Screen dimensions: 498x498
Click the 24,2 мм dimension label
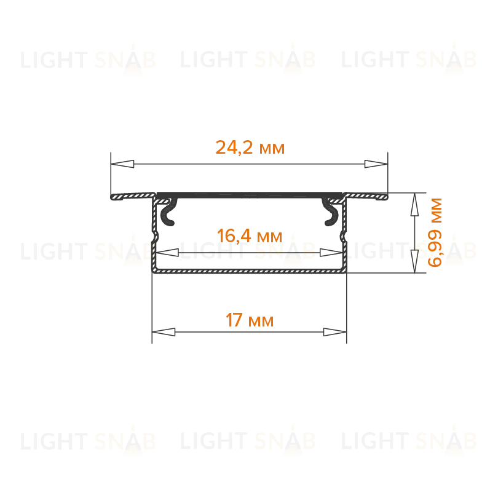[x=250, y=148]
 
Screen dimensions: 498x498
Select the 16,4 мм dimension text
[x=250, y=236]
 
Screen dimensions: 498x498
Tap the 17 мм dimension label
[x=250, y=320]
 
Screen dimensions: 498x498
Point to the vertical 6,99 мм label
[x=435, y=232]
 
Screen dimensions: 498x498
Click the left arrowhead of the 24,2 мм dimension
[x=122, y=164]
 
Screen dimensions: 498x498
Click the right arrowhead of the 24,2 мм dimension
[x=376, y=164]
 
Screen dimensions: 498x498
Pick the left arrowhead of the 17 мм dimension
[x=164, y=332]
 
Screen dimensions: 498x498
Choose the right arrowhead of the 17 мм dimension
[x=334, y=332]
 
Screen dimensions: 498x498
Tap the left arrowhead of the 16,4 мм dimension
[x=167, y=253]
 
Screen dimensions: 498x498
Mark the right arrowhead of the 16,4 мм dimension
[x=331, y=253]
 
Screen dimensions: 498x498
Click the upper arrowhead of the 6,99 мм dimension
[x=414, y=205]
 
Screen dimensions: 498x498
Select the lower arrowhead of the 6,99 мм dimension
[x=414, y=261]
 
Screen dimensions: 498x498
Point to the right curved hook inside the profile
[x=331, y=212]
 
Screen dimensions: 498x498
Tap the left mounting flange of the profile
[x=132, y=196]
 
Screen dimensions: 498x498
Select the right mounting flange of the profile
[x=366, y=196]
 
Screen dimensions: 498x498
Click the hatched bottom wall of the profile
[x=250, y=271]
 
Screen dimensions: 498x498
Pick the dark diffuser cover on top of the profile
[x=250, y=195]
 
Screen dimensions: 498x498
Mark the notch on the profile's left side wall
[x=156, y=237]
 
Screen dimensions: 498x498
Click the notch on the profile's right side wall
[x=343, y=237]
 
